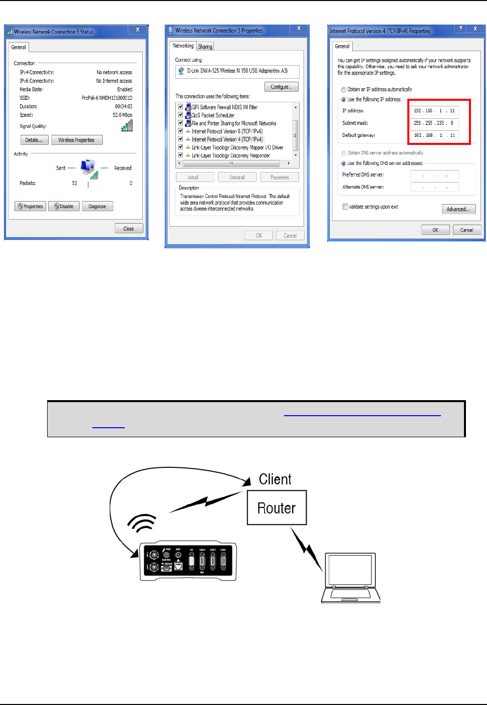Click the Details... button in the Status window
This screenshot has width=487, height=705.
(x=34, y=140)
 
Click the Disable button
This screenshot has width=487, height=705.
(x=64, y=206)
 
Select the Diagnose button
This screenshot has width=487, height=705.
(x=97, y=206)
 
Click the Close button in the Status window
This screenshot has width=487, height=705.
(x=129, y=229)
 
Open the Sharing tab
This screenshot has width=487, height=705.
(x=205, y=47)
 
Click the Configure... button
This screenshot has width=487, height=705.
(x=281, y=87)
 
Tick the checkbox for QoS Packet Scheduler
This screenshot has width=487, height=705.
(x=181, y=115)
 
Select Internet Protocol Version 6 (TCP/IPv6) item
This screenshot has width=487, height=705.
(x=227, y=131)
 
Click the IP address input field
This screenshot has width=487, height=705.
(x=434, y=111)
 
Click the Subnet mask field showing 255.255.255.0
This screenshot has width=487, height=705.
(x=434, y=123)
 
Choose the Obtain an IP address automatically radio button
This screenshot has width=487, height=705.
(x=344, y=90)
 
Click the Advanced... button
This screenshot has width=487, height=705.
(x=458, y=209)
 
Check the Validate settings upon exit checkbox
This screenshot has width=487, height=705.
(x=345, y=207)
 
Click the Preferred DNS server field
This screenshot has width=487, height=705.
(x=434, y=175)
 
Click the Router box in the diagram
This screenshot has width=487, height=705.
(x=277, y=508)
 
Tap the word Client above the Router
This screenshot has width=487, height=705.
(x=275, y=479)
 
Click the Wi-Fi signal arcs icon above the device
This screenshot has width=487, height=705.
(x=142, y=523)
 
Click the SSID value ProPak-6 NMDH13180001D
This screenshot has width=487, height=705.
(x=107, y=98)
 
